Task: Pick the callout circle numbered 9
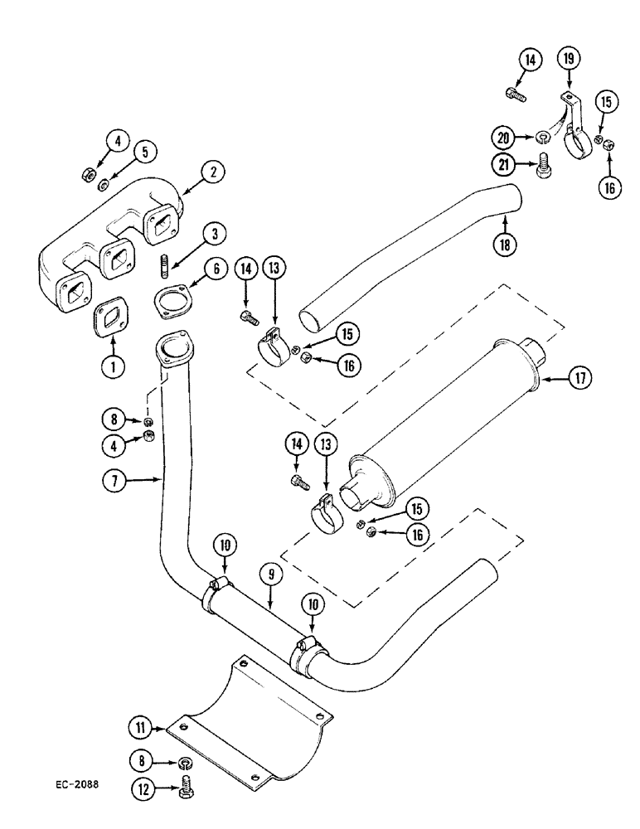273,573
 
